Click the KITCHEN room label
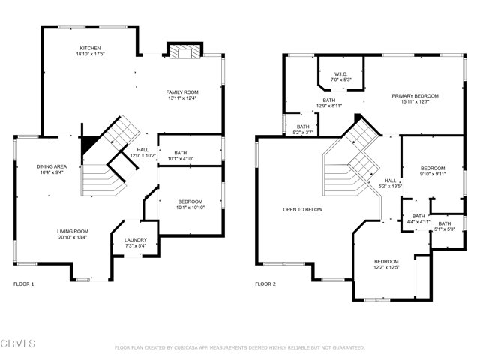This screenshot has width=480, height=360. point(90,48)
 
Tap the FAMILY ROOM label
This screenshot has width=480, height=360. point(182,92)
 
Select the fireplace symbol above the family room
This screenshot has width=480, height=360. point(185,51)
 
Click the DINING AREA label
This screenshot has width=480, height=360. point(52,166)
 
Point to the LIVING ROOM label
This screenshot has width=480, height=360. point(73,232)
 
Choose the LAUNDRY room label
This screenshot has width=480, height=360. point(136,240)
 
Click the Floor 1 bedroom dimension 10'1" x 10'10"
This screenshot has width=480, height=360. point(190,208)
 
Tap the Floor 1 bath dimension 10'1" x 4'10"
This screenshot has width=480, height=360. point(181,159)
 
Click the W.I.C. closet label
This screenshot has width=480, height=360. point(340,74)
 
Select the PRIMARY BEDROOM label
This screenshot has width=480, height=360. point(415,96)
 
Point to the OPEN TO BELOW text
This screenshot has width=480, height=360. point(302,210)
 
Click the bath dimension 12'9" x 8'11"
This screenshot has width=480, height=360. point(329,106)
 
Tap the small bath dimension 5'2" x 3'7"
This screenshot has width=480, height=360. point(303,133)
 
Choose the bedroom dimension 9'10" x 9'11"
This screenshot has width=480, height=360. point(433,174)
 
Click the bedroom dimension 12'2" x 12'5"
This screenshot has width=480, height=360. point(386,267)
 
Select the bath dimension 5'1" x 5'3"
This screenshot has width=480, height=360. point(445,229)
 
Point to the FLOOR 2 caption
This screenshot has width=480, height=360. point(265,284)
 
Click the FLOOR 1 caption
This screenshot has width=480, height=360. point(23,284)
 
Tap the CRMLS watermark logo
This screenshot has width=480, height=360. point(18,343)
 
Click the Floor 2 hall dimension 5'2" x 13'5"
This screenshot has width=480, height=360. point(390,187)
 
